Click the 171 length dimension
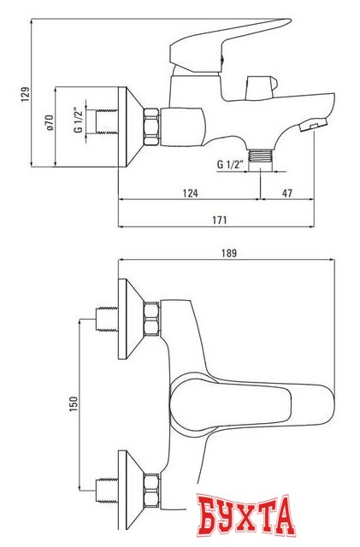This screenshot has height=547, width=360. click(219, 221)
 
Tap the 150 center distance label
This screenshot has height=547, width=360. click(74, 402)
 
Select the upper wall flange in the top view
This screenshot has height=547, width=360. click(128, 320)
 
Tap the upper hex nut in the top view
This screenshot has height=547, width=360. click(152, 320)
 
